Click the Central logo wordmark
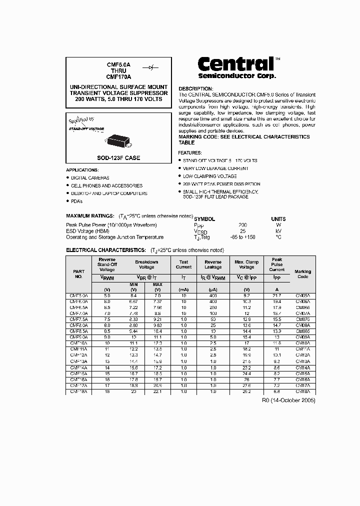pos(236,64)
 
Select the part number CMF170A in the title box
pos(118,77)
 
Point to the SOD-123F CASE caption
pos(118,158)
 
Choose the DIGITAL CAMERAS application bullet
pos(90,178)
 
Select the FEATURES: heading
pos(190,152)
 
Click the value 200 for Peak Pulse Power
pos(243,225)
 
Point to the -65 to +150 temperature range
pos(243,237)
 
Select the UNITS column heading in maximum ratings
pos(278,219)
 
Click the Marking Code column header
pos(302,274)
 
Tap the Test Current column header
pos(183,264)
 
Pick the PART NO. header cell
pos(78,274)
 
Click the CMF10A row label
pos(78,343)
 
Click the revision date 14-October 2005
pos(288,400)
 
